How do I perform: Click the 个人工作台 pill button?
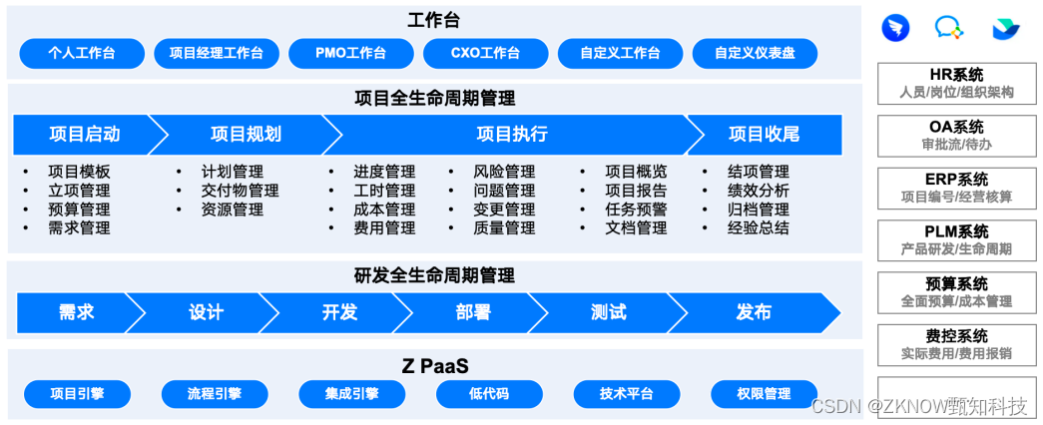click(x=81, y=53)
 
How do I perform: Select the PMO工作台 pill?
click(x=350, y=53)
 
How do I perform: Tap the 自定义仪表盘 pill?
click(x=755, y=53)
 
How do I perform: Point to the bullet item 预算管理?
click(x=79, y=210)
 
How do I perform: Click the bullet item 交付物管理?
click(x=240, y=191)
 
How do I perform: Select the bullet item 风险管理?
click(x=504, y=172)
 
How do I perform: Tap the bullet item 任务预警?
click(x=636, y=210)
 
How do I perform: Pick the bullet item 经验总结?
click(x=759, y=227)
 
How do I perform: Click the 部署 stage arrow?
click(x=473, y=312)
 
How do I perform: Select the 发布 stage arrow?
click(x=754, y=312)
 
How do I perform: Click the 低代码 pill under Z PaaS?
click(x=489, y=394)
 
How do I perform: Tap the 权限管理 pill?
click(x=764, y=394)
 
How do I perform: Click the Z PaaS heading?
click(x=435, y=365)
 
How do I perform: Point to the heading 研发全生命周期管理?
click(x=435, y=275)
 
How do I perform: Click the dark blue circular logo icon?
click(x=895, y=28)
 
